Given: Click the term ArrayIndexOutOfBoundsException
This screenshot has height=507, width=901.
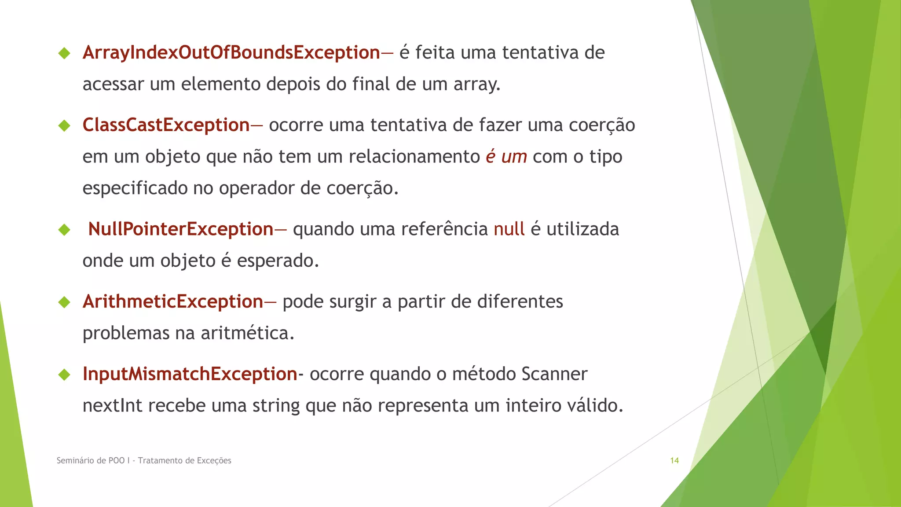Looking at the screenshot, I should pyautogui.click(x=231, y=53).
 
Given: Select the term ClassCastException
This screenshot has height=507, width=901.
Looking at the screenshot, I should pyautogui.click(x=166, y=125).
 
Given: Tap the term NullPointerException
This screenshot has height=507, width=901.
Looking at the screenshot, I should pyautogui.click(x=180, y=229).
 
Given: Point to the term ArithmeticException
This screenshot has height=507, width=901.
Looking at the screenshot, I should pyautogui.click(x=172, y=302).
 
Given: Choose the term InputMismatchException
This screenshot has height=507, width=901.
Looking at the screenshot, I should pyautogui.click(x=190, y=374).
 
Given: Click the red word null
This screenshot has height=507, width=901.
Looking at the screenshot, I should pyautogui.click(x=509, y=229).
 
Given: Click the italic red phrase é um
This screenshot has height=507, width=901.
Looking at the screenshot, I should pyautogui.click(x=506, y=157).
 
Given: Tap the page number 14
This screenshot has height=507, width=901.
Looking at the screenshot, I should pyautogui.click(x=674, y=461).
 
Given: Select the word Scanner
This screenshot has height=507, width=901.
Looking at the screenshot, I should pyautogui.click(x=554, y=374).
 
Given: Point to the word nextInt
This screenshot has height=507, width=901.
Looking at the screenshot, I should pyautogui.click(x=112, y=405).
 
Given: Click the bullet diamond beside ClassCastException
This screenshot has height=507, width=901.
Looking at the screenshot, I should pyautogui.click(x=64, y=126).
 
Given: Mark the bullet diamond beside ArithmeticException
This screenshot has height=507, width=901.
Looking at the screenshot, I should pyautogui.click(x=64, y=302).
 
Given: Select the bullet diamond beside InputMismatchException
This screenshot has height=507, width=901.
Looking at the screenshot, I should pyautogui.click(x=64, y=375).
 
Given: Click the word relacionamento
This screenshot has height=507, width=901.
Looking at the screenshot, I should pyautogui.click(x=414, y=157).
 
